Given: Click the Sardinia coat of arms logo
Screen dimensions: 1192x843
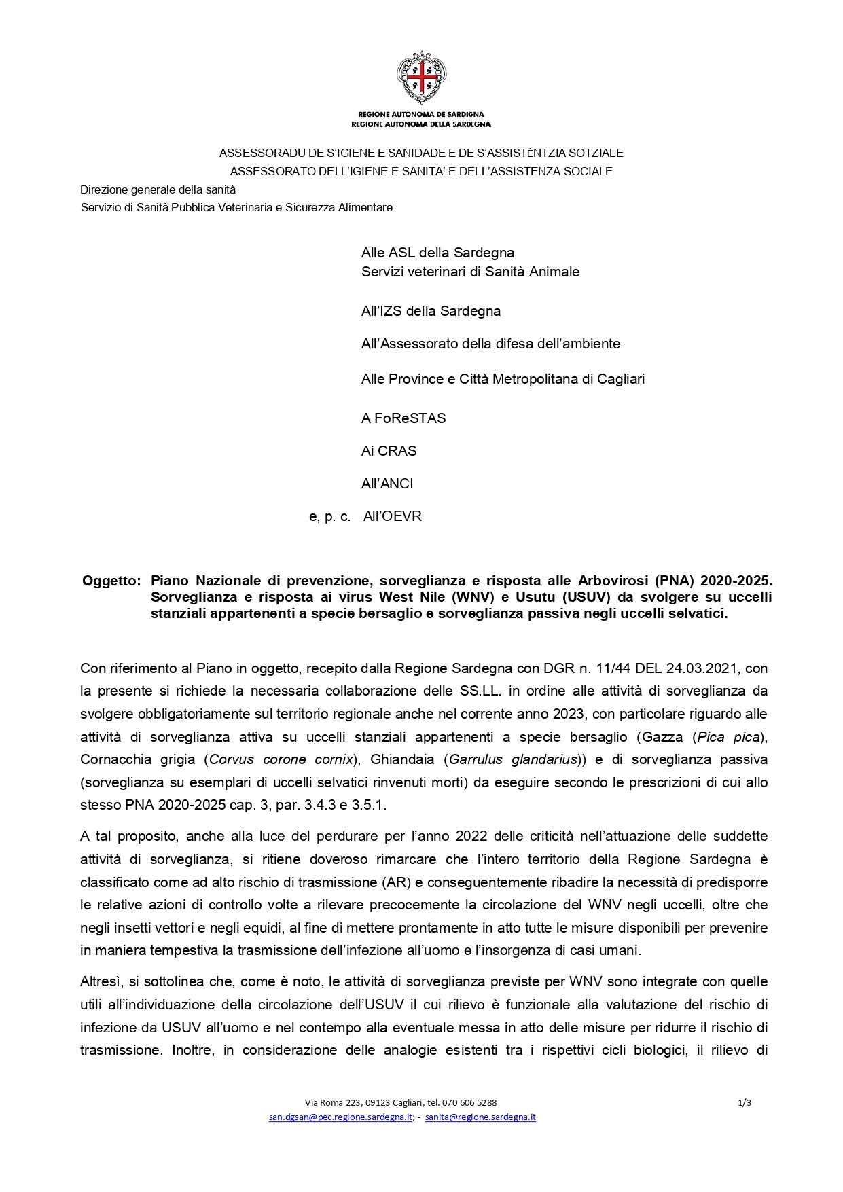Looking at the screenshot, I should [421, 77].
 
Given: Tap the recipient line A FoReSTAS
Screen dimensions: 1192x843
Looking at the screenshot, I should [403, 418].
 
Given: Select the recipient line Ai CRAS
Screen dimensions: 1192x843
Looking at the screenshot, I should [389, 451].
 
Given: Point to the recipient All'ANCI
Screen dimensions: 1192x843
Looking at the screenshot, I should [387, 484].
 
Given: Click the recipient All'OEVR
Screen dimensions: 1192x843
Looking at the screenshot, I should [393, 516].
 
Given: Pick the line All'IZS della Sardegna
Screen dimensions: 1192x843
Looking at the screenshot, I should [431, 311].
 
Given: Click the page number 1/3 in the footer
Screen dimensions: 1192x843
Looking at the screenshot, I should [745, 1103].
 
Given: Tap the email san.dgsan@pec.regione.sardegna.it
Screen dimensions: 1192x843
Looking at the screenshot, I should [340, 1117].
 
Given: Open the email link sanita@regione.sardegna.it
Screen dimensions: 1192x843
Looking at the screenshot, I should [480, 1117].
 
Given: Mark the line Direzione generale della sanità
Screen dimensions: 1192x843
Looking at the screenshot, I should [158, 189].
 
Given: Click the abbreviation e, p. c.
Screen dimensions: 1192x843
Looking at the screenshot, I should [329, 517].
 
